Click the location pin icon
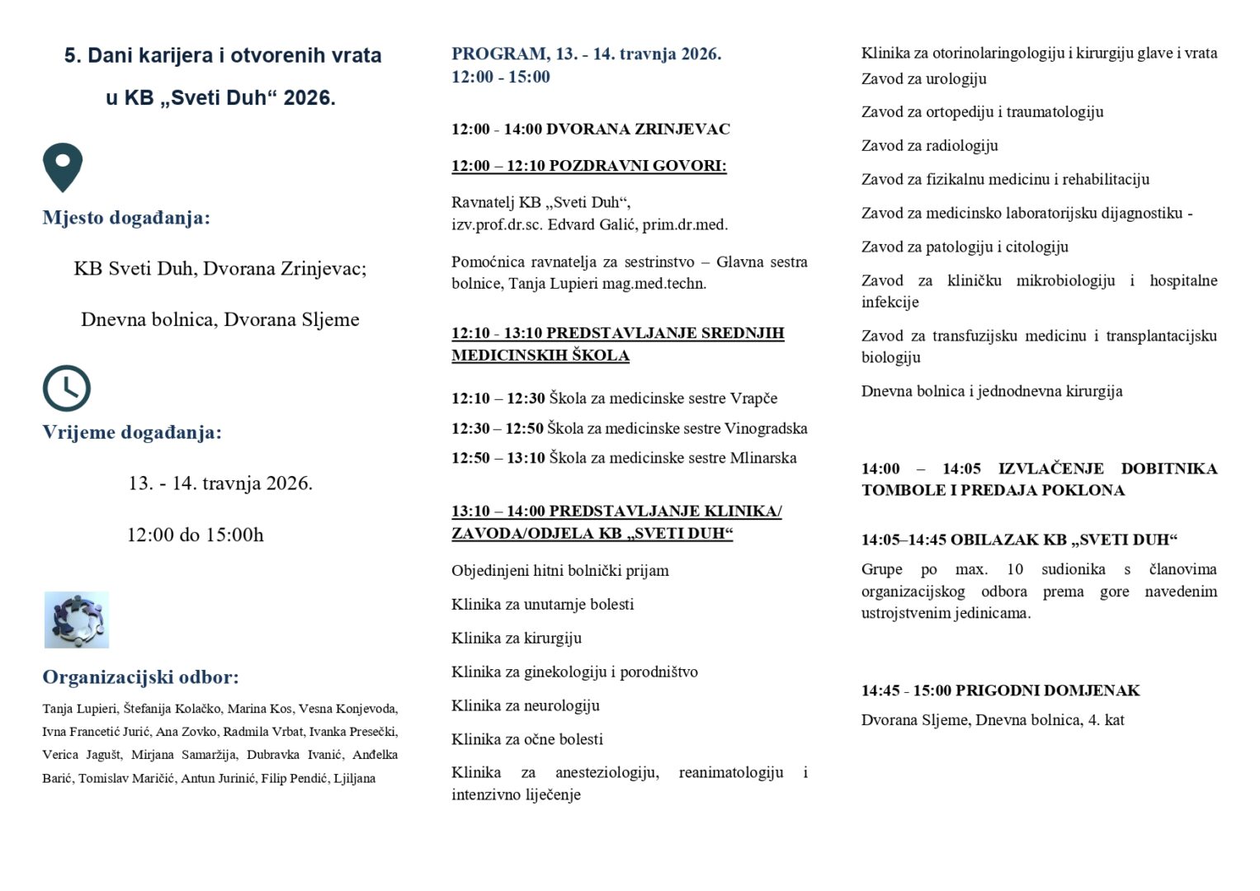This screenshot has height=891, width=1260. tap(63, 166)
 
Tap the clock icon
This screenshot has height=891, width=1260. tap(66, 388)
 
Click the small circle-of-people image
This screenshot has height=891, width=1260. tap(77, 620)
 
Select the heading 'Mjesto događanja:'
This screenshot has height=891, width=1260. tap(126, 218)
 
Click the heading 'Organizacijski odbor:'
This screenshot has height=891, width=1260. tap(140, 677)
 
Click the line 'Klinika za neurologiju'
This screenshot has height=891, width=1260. tap(525, 705)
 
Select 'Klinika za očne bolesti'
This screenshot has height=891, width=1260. tap(526, 739)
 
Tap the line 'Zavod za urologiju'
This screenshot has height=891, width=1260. tap(923, 78)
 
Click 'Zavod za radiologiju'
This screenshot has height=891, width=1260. tap(929, 145)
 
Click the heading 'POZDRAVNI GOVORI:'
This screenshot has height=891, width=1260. tap(637, 166)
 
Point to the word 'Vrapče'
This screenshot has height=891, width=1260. tap(753, 398)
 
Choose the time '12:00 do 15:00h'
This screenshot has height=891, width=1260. tap(195, 535)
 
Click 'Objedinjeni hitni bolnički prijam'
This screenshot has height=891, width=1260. tap(559, 570)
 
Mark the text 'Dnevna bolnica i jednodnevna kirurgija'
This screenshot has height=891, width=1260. tap(991, 391)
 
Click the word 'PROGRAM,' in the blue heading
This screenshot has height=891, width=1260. tap(498, 54)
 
